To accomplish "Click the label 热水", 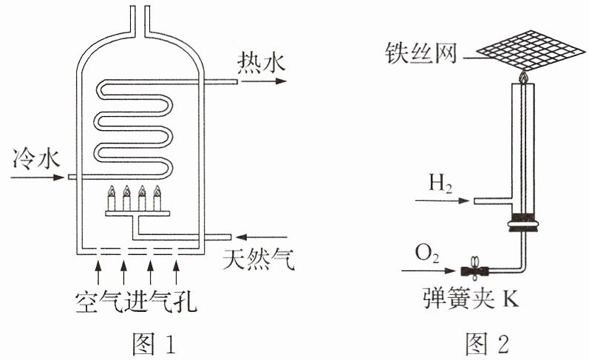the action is tap(262, 63).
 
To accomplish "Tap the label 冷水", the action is tap(36, 158).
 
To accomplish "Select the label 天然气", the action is tap(259, 259).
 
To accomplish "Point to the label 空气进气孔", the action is tap(137, 301).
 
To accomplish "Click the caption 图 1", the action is tap(154, 344).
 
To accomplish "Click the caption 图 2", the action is tap(487, 344).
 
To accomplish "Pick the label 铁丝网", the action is tap(421, 53).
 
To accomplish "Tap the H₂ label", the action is tap(440, 184).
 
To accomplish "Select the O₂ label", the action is tap(427, 254).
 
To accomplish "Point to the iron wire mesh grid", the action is tap(531, 50).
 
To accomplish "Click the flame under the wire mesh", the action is tap(523, 77).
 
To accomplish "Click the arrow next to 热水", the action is tap(264, 81).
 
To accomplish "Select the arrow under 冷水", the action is tap(38, 177).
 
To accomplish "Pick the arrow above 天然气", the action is tap(262, 237).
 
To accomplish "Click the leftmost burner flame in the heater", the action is tap(111, 191).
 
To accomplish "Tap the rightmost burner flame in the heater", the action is tap(157, 191).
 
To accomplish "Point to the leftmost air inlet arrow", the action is tap(98, 273).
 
